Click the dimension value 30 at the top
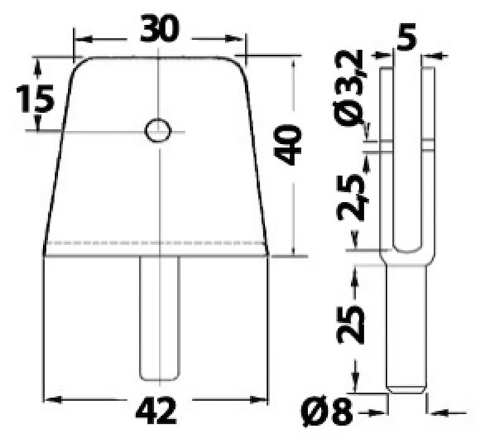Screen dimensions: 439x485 [159, 30]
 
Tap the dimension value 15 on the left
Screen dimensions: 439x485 [35, 100]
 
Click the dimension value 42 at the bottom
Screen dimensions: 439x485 [156, 413]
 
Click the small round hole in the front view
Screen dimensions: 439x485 [158, 131]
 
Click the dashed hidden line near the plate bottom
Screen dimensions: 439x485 [155, 242]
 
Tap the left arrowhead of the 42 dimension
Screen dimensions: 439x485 [51, 399]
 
